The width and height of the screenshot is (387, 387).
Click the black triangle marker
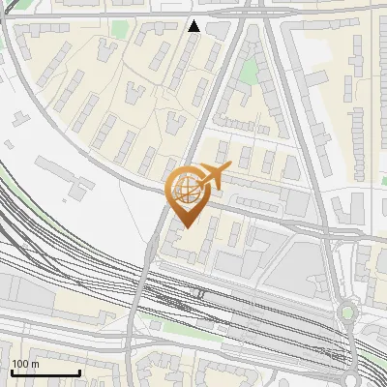194,26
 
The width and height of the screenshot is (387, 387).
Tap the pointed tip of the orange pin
185,226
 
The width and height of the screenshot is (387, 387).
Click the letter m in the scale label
35,364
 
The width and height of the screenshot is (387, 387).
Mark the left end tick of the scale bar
12,372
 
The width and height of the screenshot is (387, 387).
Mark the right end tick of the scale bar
79,372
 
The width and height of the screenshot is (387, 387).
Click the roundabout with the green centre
347,313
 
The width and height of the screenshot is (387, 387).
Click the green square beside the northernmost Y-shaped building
118,29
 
